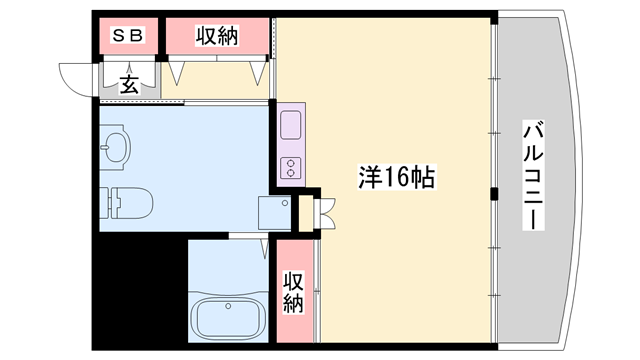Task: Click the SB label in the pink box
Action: point(127,37)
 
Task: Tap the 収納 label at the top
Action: point(216,37)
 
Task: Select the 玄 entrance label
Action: point(129,84)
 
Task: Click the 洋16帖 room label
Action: point(396,178)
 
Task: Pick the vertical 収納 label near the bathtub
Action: point(292,292)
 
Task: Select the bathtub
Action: point(228,319)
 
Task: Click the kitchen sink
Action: point(291,126)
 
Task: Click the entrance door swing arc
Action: point(75,77)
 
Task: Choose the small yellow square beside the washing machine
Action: point(305,212)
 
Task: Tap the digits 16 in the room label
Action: point(395,178)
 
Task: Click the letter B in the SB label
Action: point(137,37)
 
